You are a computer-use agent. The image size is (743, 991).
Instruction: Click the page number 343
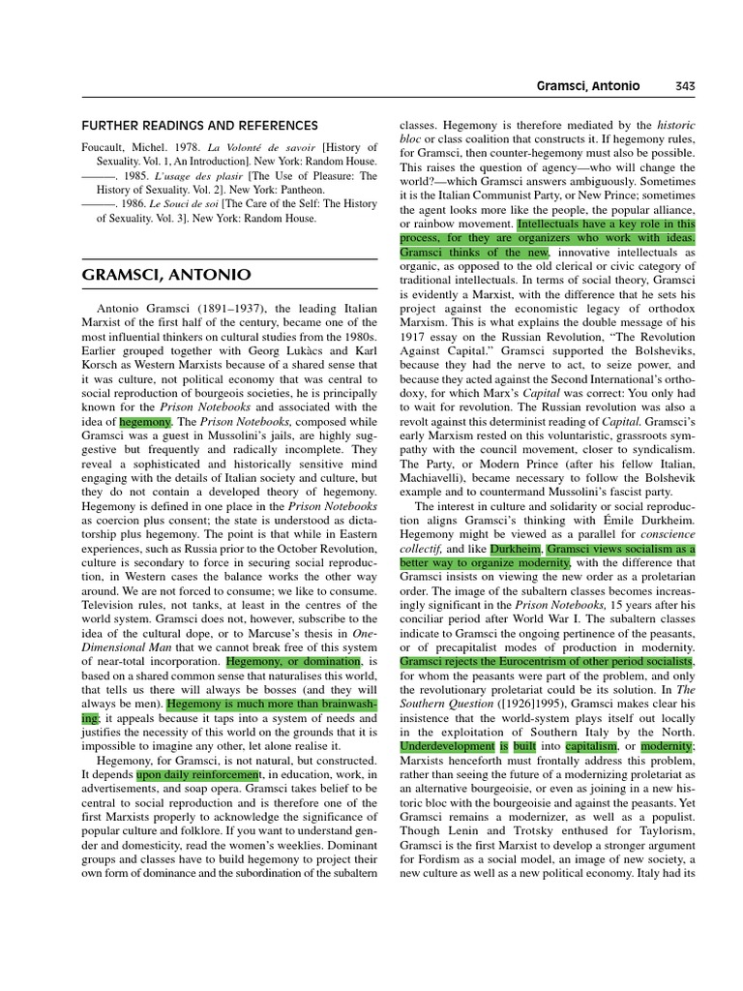[x=684, y=86]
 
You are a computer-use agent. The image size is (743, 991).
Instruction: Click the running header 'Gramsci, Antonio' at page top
[x=588, y=86]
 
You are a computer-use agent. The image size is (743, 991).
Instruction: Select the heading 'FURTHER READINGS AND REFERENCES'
[x=198, y=126]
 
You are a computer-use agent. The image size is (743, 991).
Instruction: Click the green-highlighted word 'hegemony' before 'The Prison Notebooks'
[x=145, y=423]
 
